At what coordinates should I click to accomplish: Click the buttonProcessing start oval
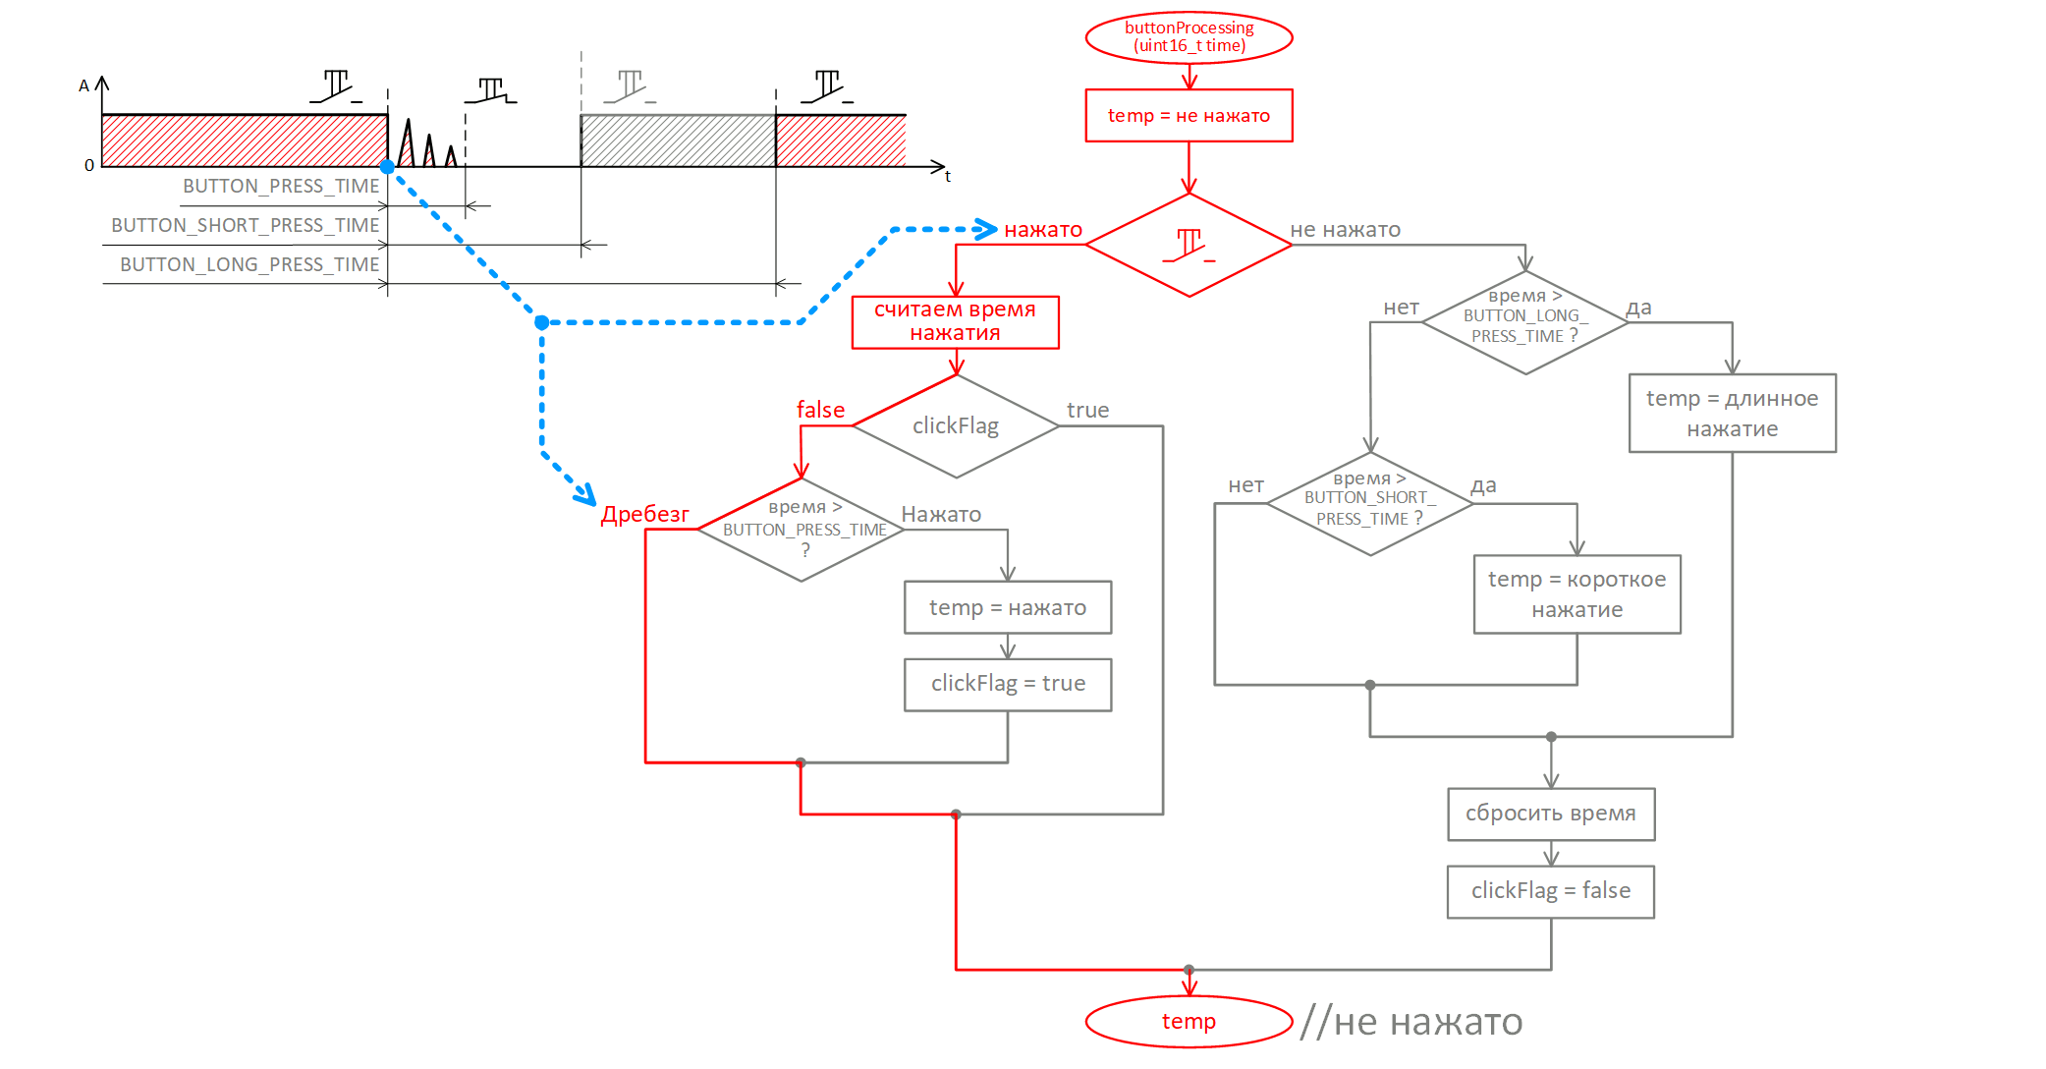pyautogui.click(x=1189, y=37)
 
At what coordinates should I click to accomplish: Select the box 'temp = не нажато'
pyautogui.click(x=1189, y=116)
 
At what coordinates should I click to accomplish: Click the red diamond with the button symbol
pyautogui.click(x=1189, y=245)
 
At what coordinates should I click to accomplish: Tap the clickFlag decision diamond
pyautogui.click(x=956, y=426)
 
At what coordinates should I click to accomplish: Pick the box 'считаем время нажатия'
pyautogui.click(x=956, y=321)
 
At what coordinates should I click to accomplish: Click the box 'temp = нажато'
pyautogui.click(x=1008, y=607)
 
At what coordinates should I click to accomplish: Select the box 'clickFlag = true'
pyautogui.click(x=1008, y=684)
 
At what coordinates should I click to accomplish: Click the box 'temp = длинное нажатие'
pyautogui.click(x=1732, y=413)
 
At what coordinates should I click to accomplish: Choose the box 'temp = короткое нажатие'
pyautogui.click(x=1576, y=594)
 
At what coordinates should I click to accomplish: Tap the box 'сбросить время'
pyautogui.click(x=1551, y=814)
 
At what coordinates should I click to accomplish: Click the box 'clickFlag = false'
pyautogui.click(x=1551, y=891)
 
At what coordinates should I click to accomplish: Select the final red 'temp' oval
pyautogui.click(x=1189, y=1022)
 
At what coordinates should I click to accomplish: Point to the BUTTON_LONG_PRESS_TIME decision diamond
pyautogui.click(x=1525, y=322)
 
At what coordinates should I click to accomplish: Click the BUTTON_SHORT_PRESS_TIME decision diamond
pyautogui.click(x=1370, y=504)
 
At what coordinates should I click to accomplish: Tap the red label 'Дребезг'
pyautogui.click(x=644, y=514)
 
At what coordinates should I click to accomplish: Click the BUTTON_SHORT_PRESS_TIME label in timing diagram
pyautogui.click(x=245, y=225)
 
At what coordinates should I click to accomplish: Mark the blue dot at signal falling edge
pyautogui.click(x=388, y=167)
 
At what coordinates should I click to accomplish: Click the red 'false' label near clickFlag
pyautogui.click(x=820, y=410)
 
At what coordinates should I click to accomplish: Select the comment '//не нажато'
pyautogui.click(x=1411, y=1022)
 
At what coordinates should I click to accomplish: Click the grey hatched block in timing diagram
pyautogui.click(x=678, y=141)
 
